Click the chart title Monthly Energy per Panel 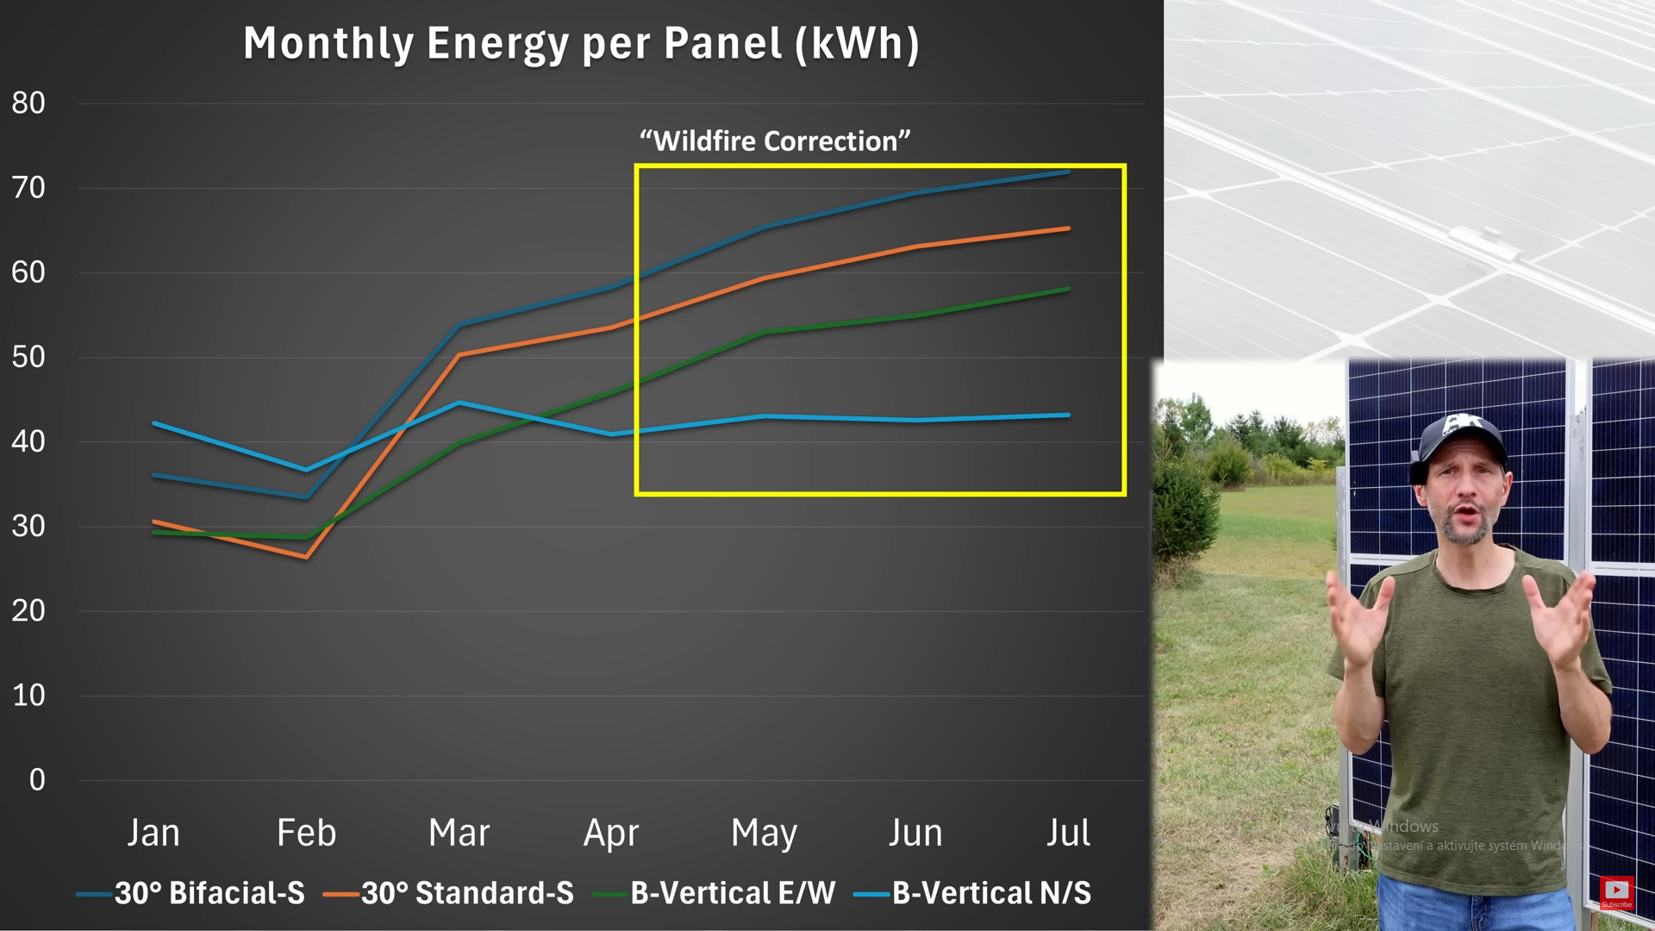581,44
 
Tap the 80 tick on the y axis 28,103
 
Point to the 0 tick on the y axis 37,780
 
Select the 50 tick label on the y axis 28,357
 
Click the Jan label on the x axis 153,833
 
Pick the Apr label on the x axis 611,833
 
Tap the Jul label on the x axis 1068,833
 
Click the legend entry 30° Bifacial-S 209,893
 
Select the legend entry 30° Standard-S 467,893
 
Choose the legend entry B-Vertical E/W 733,893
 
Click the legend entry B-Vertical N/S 991,893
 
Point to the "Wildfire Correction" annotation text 775,141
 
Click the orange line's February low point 306,557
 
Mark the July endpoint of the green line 1068,289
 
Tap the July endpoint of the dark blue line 1068,172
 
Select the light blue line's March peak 459,403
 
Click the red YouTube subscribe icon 1616,890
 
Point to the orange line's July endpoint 1068,228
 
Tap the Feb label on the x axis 306,833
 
